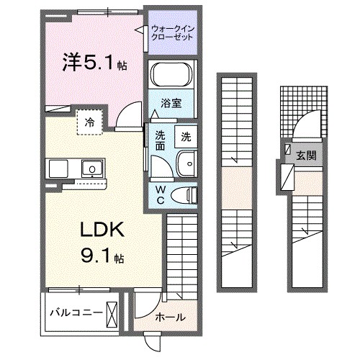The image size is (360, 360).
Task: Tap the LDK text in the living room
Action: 101,232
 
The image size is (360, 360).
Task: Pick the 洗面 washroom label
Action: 160,140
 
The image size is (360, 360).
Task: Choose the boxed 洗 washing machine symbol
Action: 186,136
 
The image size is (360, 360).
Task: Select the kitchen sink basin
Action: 91,170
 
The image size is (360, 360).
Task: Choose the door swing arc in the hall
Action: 144,308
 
